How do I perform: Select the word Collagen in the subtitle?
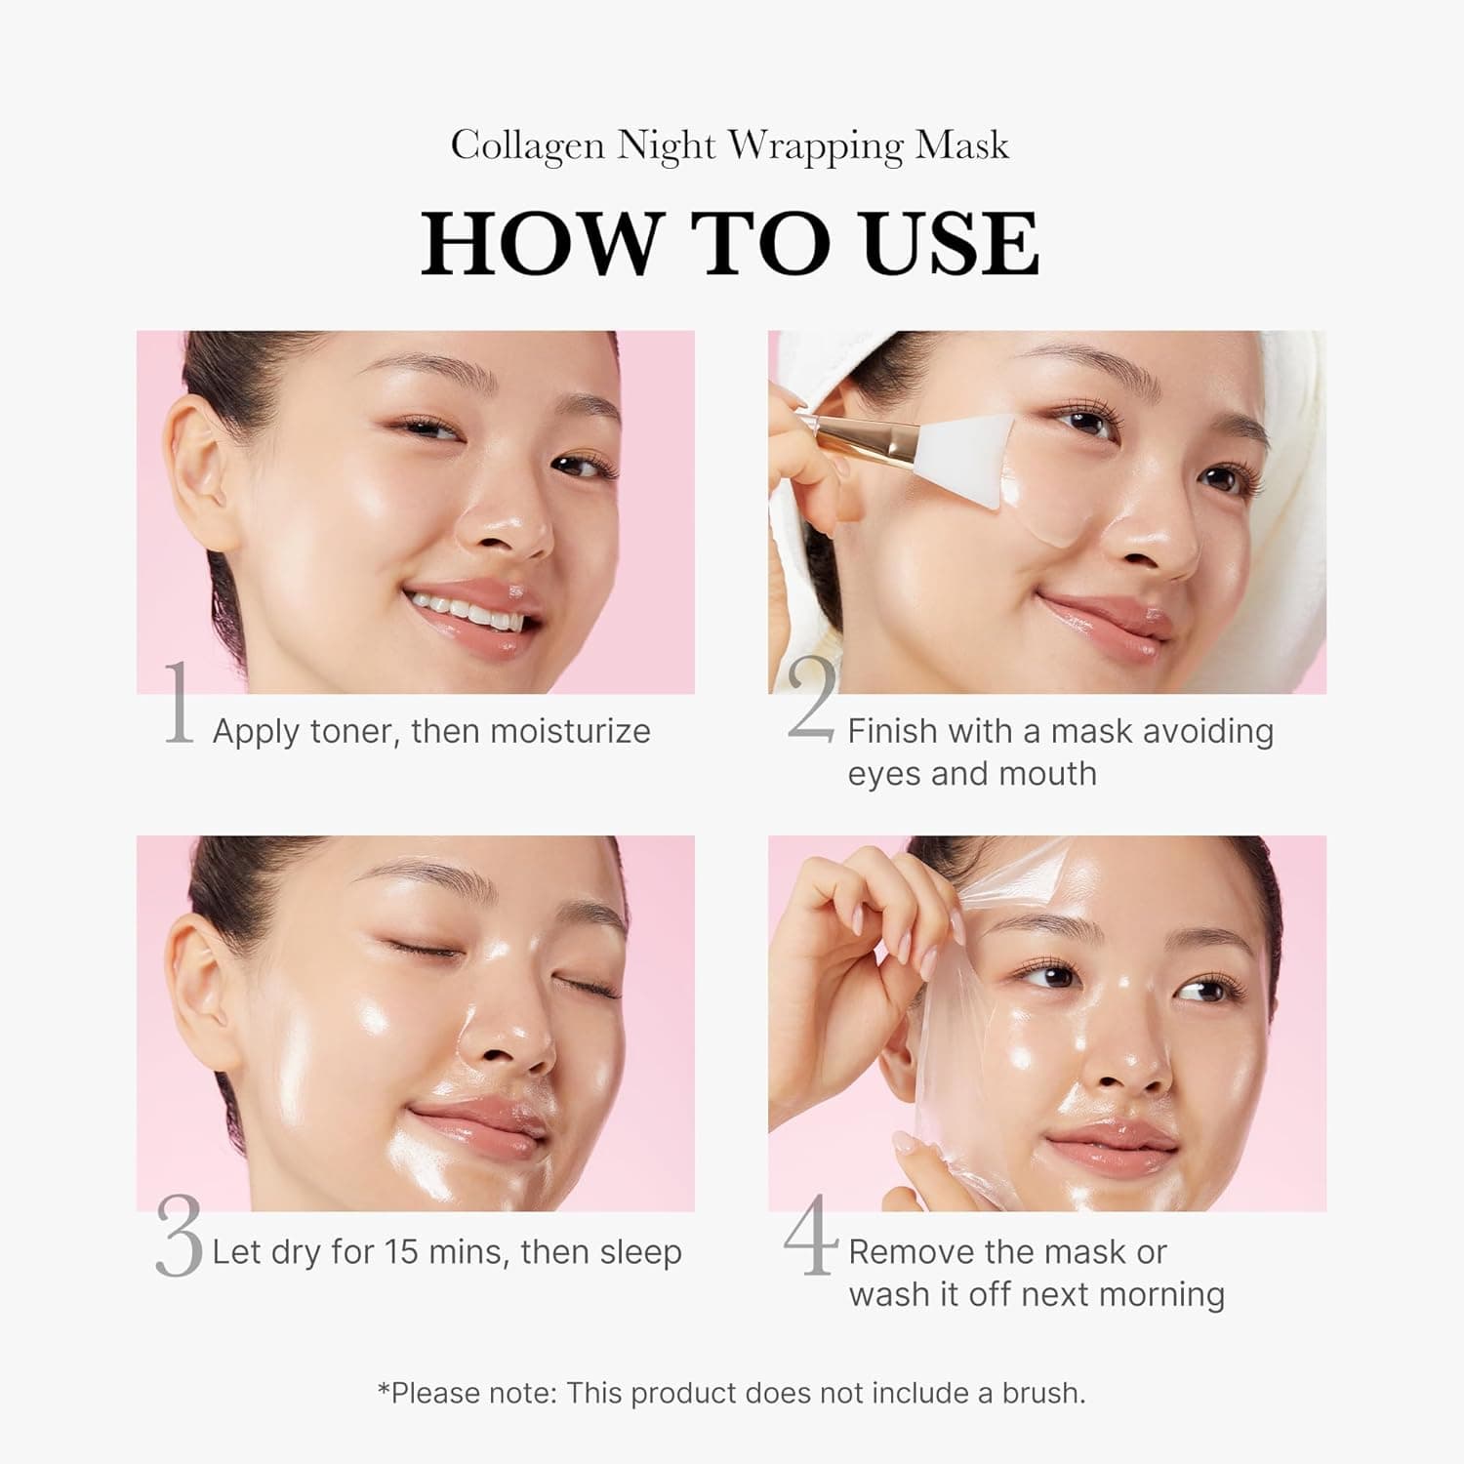(x=527, y=146)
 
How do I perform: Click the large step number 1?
(x=178, y=703)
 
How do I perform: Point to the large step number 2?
(x=811, y=701)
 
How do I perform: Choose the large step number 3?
(x=179, y=1238)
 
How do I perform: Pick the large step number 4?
(x=811, y=1236)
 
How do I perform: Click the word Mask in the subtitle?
(x=961, y=146)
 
